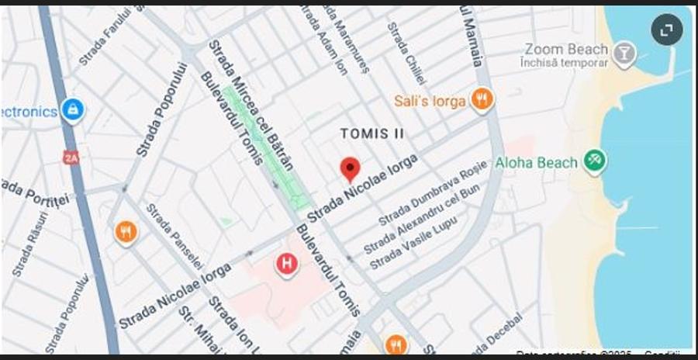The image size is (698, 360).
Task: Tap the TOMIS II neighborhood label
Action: (x=372, y=133)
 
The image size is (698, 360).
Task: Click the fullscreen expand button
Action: (x=666, y=30)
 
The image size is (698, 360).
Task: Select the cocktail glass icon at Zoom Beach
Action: (x=623, y=53)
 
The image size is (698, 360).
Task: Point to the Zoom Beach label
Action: (x=566, y=49)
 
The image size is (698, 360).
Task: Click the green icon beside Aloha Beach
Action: (x=595, y=161)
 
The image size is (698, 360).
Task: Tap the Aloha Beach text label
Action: (x=537, y=162)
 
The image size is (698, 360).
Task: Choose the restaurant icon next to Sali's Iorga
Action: (x=482, y=99)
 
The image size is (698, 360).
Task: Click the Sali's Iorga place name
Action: (x=430, y=101)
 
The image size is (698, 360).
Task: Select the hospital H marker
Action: (x=287, y=264)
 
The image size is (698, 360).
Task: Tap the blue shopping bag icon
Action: (x=72, y=110)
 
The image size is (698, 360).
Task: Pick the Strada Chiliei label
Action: (x=406, y=53)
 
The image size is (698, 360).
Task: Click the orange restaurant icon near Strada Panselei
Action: (x=125, y=231)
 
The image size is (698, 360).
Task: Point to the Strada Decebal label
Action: (x=497, y=332)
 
